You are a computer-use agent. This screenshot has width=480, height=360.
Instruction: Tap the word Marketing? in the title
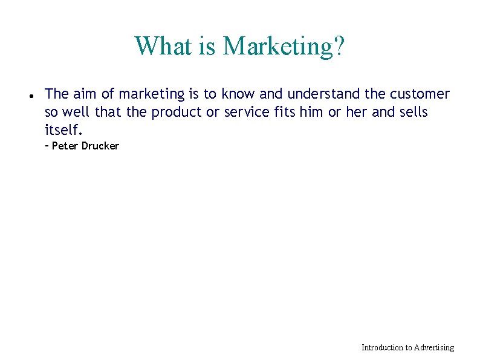(284, 46)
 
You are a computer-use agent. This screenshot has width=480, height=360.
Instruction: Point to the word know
(238, 94)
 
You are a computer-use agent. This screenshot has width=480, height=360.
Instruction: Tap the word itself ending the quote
(63, 129)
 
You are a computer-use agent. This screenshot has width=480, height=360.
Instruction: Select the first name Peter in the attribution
(65, 146)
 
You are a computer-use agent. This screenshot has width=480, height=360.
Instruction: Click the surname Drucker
(100, 146)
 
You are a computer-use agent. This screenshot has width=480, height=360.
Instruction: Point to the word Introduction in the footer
(381, 347)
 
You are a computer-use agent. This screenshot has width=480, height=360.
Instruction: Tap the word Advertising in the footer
(433, 347)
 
